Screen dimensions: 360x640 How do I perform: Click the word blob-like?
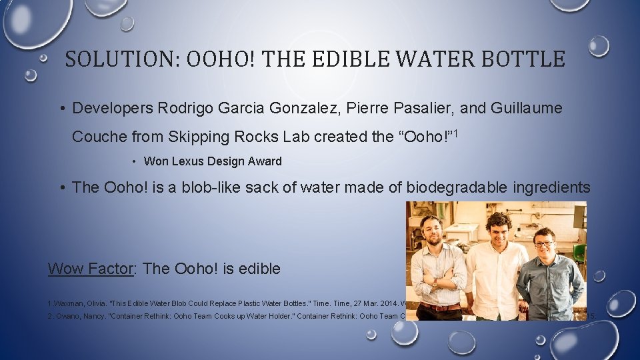(208, 187)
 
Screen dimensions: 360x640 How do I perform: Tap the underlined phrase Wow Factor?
(91, 269)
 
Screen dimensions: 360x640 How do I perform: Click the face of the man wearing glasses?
(544, 241)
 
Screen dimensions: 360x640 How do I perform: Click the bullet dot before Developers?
(61, 109)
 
